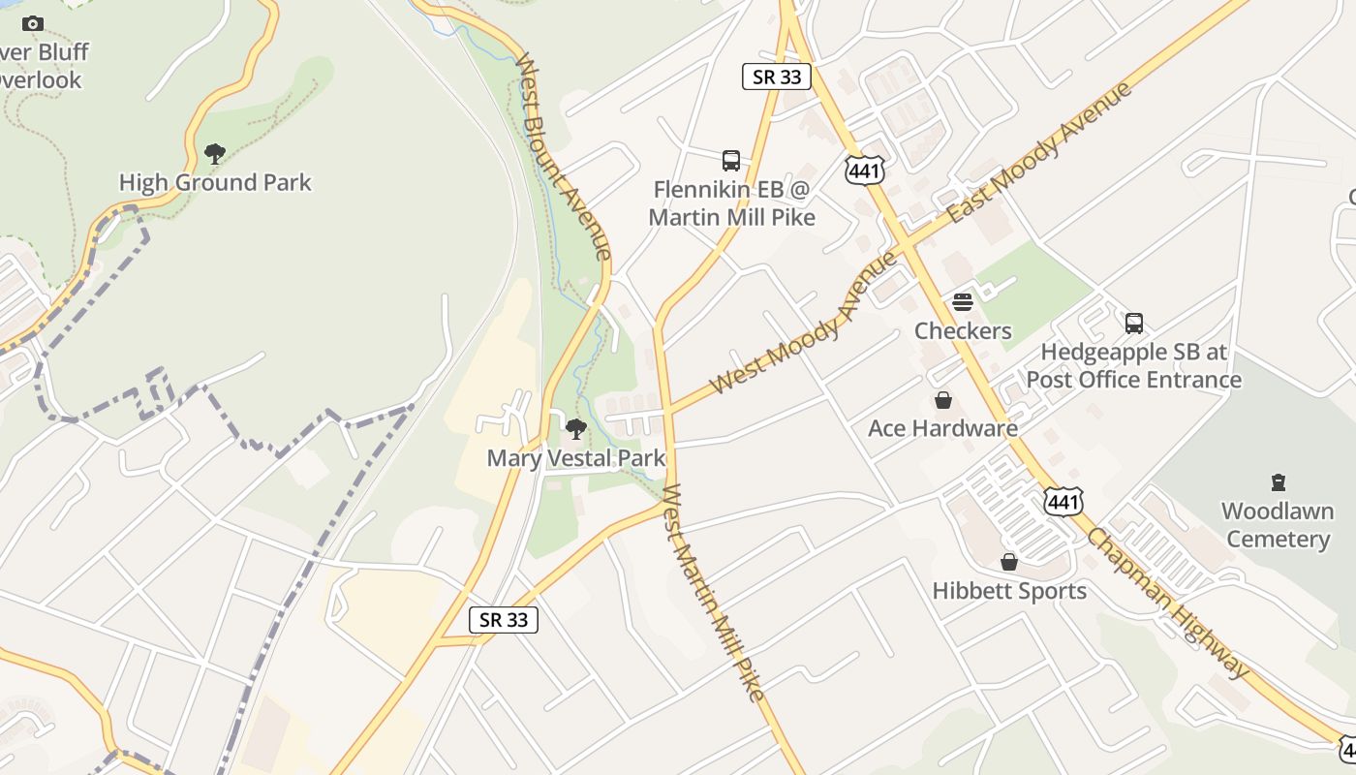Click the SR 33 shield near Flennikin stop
777,77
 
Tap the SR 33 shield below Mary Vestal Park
504,620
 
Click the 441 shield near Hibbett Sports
1063,500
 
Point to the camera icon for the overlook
32,23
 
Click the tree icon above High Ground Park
215,153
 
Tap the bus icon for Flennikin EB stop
731,160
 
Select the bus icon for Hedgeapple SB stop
1134,323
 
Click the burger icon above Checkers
963,302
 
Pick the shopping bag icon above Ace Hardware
942,400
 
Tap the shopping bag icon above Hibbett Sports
1009,562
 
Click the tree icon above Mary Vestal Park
576,428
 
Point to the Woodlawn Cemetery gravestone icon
1278,482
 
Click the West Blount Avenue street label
563,156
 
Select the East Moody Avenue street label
1039,152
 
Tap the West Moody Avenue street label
803,324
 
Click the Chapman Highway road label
1168,603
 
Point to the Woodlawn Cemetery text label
1277,525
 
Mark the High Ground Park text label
215,182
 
